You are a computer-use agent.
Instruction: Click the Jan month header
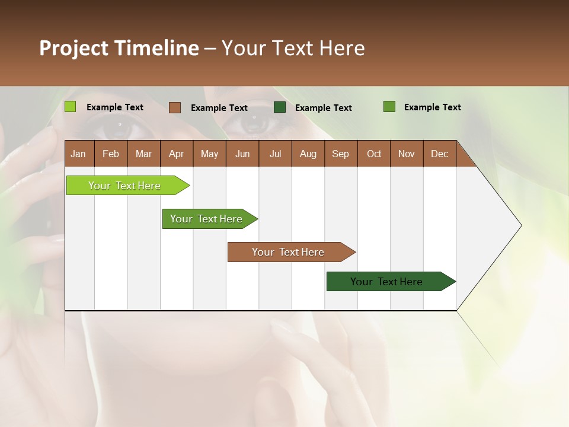[x=78, y=154]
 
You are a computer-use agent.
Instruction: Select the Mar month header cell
[x=143, y=154]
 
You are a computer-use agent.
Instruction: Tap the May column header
[x=209, y=154]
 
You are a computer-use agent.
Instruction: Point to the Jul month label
[x=275, y=154]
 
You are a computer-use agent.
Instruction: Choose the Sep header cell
[x=340, y=154]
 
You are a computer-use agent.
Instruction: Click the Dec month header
[x=439, y=154]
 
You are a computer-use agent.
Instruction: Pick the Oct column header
[x=374, y=154]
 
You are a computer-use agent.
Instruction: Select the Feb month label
[x=111, y=154]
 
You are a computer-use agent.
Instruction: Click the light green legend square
[x=70, y=107]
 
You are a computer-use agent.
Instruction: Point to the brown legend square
[x=174, y=107]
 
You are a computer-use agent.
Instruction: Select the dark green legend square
[x=280, y=107]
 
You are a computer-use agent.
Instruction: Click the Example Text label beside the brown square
[x=219, y=108]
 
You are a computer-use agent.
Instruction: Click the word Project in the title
[x=73, y=48]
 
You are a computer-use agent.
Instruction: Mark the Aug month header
[x=308, y=154]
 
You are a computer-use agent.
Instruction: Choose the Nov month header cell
[x=406, y=154]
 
